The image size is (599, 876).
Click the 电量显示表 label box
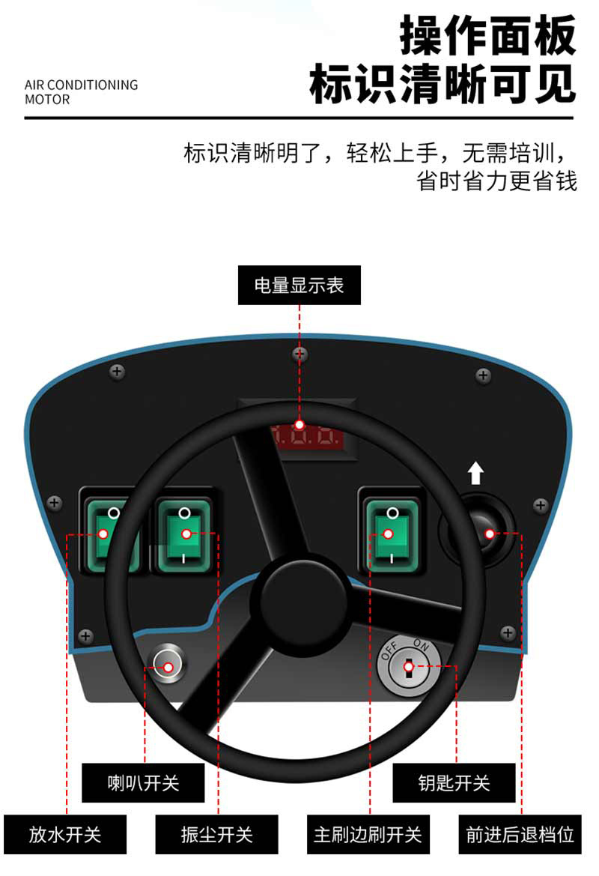tap(299, 285)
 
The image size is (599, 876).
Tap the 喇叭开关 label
tap(143, 782)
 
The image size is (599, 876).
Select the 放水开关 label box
tap(64, 834)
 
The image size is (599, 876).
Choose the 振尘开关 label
tap(216, 834)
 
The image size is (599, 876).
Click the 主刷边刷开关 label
tap(368, 834)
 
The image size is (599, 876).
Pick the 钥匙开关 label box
tap(454, 782)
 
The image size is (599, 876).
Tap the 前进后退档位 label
tap(520, 834)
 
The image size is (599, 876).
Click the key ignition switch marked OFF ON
tap(408, 666)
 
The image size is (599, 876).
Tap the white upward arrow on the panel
tap(475, 473)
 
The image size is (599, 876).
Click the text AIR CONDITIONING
tap(82, 85)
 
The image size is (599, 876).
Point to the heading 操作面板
tap(487, 35)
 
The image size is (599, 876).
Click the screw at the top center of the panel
tap(299, 354)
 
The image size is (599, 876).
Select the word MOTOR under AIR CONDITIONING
tap(47, 100)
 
